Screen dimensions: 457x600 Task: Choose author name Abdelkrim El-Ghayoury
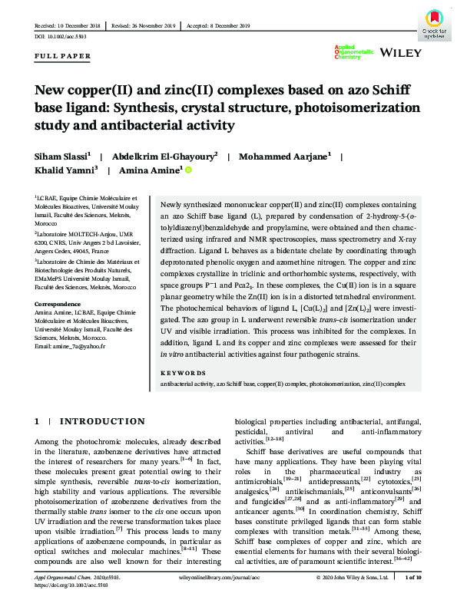[167, 156]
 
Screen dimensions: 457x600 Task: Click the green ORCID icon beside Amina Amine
[188, 171]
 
